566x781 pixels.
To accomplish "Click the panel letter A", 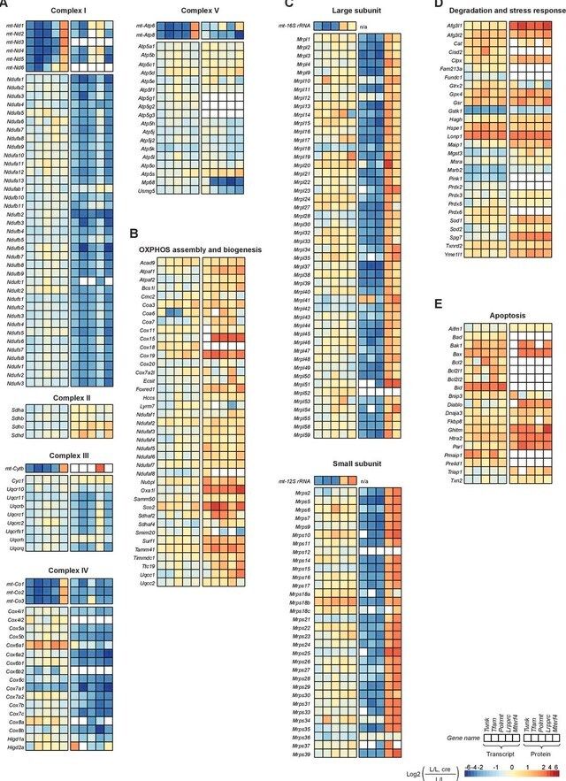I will point(4,4).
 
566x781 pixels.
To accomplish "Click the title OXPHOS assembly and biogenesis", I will point(200,250).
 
